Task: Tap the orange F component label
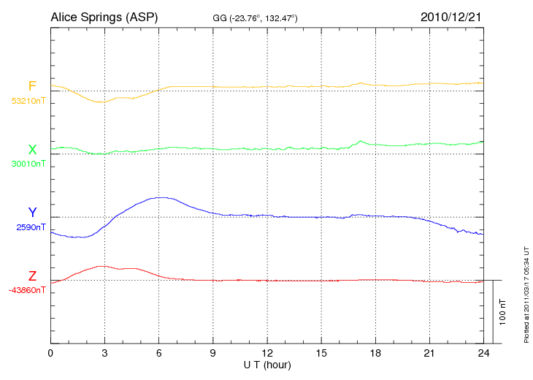point(32,86)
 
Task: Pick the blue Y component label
point(32,213)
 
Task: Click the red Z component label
point(32,276)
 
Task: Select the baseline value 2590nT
point(31,227)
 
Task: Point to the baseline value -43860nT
point(28,290)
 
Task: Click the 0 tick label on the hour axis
point(50,354)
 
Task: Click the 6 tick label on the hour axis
point(159,354)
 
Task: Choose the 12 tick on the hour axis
point(267,354)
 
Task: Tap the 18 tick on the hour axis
point(375,354)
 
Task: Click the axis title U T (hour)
point(267,365)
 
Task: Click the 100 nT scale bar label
point(502,312)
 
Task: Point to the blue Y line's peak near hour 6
point(161,197)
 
